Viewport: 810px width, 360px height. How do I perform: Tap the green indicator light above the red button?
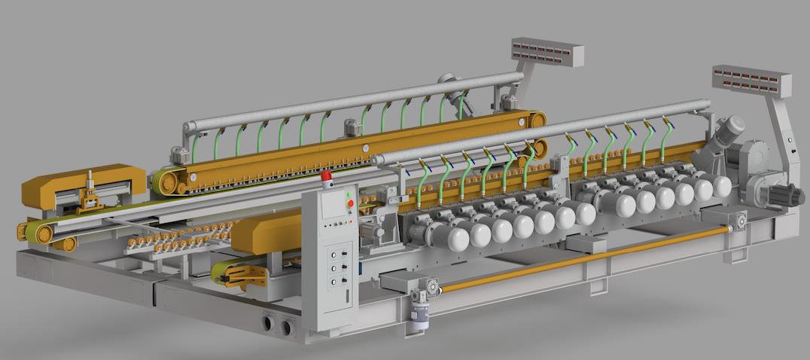click(349, 195)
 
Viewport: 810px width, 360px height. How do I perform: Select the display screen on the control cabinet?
click(330, 208)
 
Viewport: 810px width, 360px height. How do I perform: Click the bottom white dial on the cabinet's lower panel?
click(333, 281)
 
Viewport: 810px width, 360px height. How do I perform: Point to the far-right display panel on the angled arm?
click(752, 79)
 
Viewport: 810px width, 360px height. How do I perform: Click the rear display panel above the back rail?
click(547, 52)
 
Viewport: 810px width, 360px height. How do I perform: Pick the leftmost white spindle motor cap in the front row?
click(457, 237)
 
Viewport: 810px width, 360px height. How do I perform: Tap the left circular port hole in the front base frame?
click(269, 325)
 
